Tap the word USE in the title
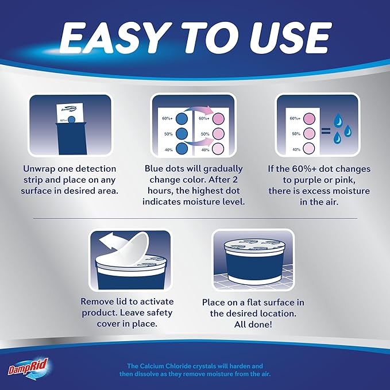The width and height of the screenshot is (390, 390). [x=289, y=38]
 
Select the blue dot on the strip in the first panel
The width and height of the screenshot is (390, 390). [x=72, y=119]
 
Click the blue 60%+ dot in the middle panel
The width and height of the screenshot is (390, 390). [x=182, y=119]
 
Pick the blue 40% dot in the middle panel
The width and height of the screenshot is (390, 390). [x=182, y=149]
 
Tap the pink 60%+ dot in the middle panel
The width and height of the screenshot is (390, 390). [x=219, y=119]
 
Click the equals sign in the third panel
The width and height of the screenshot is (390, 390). [x=326, y=130]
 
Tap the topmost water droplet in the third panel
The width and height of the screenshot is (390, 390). [x=338, y=120]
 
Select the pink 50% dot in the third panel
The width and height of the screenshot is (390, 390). [x=309, y=133]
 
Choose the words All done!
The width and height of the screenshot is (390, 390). [x=253, y=325]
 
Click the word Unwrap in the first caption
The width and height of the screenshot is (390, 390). [x=38, y=169]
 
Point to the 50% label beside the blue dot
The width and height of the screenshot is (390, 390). [x=168, y=134]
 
